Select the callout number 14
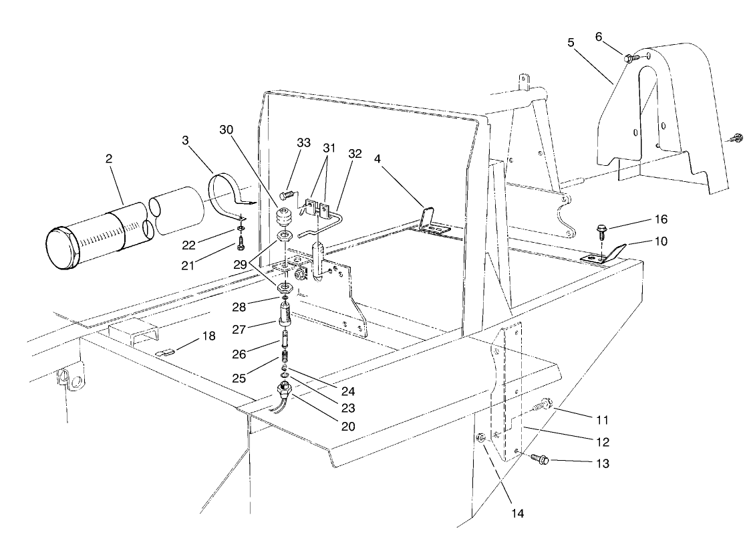point(517,514)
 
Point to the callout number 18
point(209,336)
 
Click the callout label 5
point(571,42)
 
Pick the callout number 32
point(355,153)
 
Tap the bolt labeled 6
point(630,59)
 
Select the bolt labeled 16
point(600,234)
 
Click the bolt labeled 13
point(540,460)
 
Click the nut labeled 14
point(480,438)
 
